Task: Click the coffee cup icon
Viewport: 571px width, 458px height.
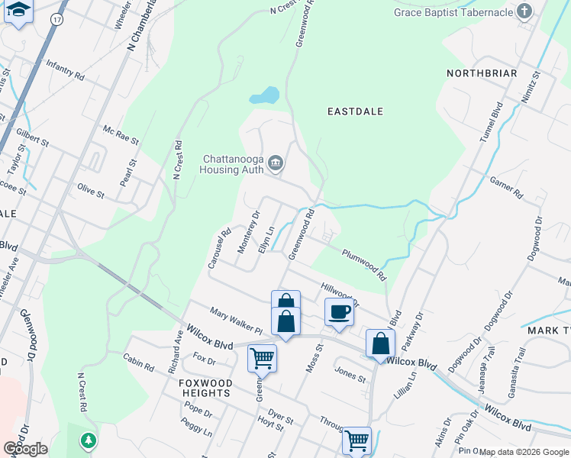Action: click(x=338, y=311)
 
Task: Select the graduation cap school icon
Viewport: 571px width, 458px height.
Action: click(x=18, y=11)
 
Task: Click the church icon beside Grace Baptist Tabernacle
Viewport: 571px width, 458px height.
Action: click(x=524, y=11)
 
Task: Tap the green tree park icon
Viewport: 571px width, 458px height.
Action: click(x=89, y=440)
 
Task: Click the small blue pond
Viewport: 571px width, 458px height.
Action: click(x=264, y=95)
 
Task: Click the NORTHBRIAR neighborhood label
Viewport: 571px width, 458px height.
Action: click(x=484, y=73)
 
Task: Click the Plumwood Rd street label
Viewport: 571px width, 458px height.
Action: click(x=364, y=264)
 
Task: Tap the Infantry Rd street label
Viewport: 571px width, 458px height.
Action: click(x=65, y=71)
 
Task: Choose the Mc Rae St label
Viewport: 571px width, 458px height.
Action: click(x=121, y=135)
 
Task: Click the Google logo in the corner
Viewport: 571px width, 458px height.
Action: click(x=25, y=449)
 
